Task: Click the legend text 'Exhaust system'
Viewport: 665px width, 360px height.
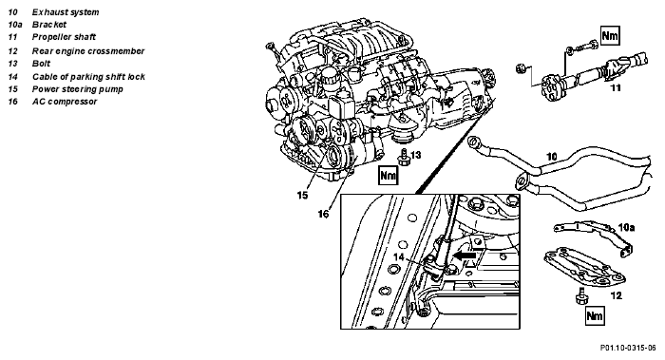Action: click(x=66, y=12)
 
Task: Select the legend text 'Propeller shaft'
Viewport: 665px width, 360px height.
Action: click(x=64, y=37)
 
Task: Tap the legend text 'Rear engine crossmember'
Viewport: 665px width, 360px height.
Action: click(x=88, y=51)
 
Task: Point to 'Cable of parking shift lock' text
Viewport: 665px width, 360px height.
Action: click(x=88, y=77)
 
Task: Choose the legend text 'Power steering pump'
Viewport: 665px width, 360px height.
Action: click(x=78, y=89)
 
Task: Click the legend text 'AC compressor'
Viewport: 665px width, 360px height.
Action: click(x=65, y=102)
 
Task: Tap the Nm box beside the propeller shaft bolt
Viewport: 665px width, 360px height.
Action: click(x=610, y=35)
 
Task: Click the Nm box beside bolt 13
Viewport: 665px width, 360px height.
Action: click(x=388, y=175)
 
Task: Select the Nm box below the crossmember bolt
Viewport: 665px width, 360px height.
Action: click(x=594, y=316)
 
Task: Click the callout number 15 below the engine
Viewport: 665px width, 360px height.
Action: click(x=302, y=196)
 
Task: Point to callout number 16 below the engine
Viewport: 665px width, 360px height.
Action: click(x=323, y=214)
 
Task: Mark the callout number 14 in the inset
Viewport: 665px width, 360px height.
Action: click(x=398, y=257)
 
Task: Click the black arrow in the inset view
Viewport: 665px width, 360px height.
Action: click(x=465, y=256)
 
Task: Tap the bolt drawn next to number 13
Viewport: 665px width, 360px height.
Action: click(x=404, y=157)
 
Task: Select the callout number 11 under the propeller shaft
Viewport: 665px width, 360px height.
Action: click(x=616, y=87)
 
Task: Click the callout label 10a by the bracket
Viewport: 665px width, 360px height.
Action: click(x=626, y=227)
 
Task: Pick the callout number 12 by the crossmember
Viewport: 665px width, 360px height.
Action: click(x=616, y=295)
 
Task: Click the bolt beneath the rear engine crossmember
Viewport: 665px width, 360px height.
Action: click(x=581, y=295)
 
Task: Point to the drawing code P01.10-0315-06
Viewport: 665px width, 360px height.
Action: click(x=628, y=349)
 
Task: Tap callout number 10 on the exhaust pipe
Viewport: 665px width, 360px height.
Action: click(x=551, y=157)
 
